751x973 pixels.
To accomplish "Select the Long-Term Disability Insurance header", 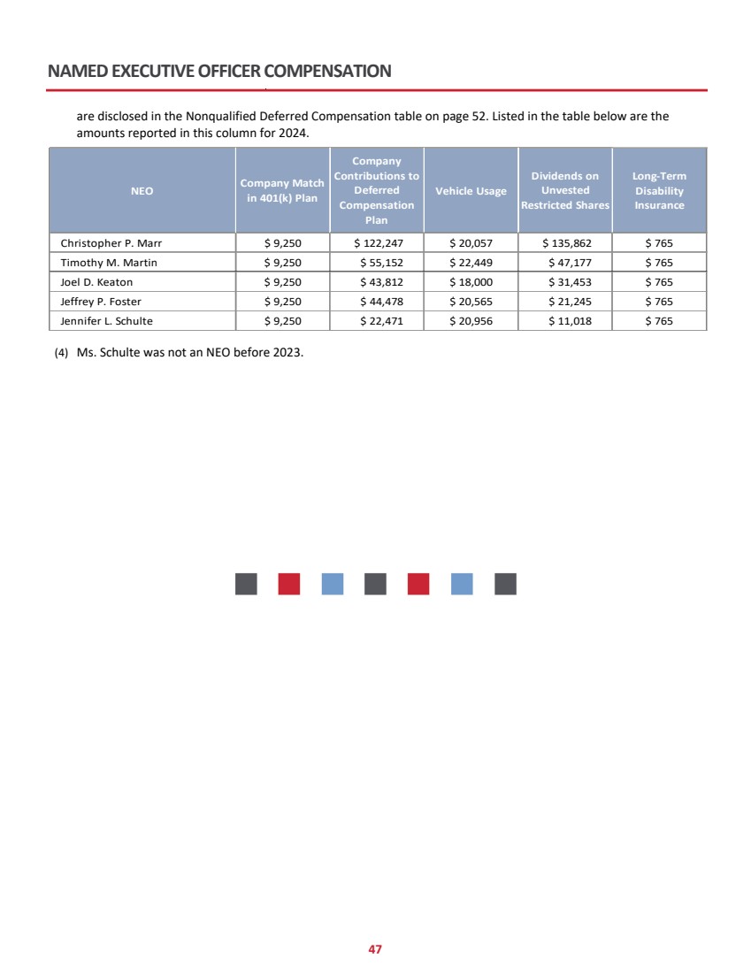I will pyautogui.click(x=659, y=191).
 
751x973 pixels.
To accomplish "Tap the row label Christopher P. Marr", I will pyautogui.click(x=111, y=241).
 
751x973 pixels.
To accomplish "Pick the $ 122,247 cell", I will pyautogui.click(x=378, y=241).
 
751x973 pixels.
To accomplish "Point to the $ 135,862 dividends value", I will pyautogui.click(x=565, y=241).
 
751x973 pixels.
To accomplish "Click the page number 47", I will pyautogui.click(x=375, y=949).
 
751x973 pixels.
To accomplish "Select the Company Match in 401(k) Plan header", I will pyautogui.click(x=282, y=190).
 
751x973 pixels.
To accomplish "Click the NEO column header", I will pyautogui.click(x=142, y=191).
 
